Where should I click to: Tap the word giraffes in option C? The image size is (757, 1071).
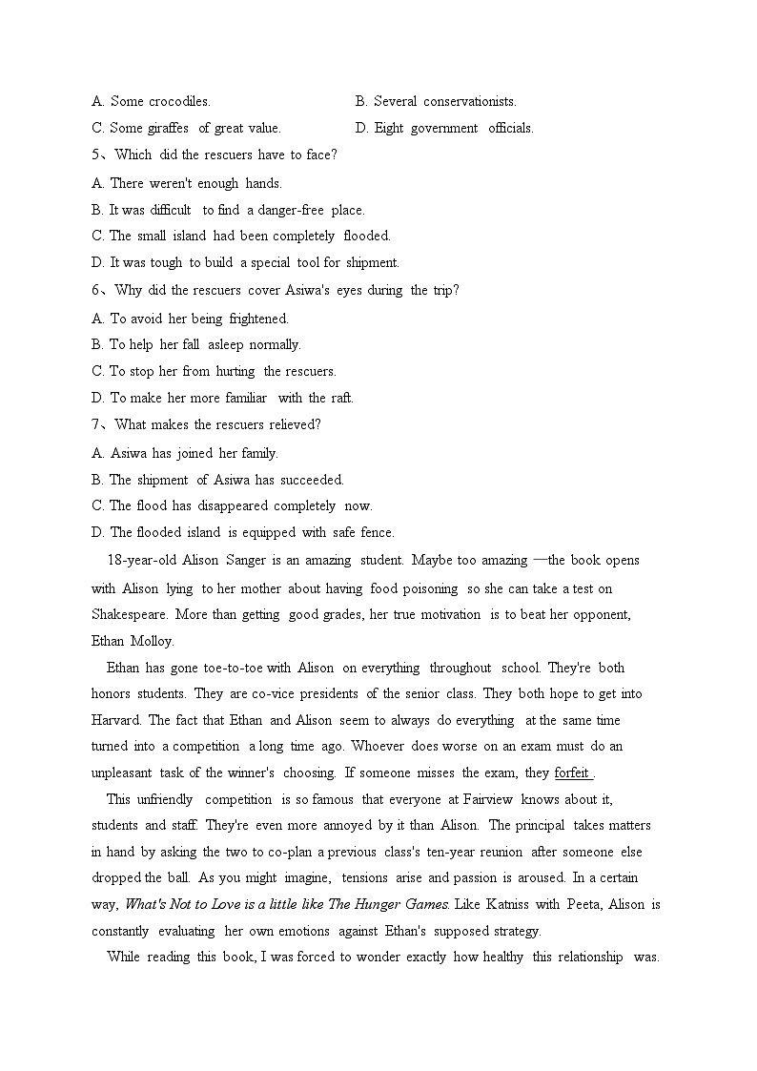click(x=168, y=128)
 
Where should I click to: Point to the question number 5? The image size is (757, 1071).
click(x=96, y=154)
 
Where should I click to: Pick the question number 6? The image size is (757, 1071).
click(x=96, y=290)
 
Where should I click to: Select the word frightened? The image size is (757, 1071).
click(x=258, y=319)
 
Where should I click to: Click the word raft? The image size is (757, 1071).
click(x=342, y=398)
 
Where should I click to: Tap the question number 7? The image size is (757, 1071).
click(x=96, y=424)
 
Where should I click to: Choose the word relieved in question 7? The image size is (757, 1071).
click(x=294, y=424)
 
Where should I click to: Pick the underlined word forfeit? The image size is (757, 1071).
click(x=571, y=772)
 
